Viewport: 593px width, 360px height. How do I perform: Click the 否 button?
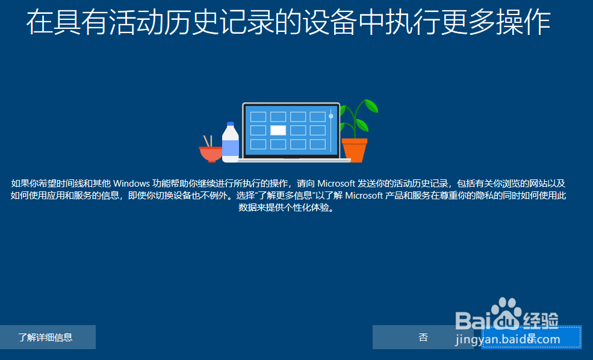click(423, 337)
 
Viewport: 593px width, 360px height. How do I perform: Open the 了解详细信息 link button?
click(46, 337)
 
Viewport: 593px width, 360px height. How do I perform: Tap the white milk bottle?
click(231, 142)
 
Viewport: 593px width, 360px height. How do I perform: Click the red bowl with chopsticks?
click(211, 153)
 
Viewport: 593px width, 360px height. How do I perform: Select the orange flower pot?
click(355, 150)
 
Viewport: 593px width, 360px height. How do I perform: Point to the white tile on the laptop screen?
click(278, 130)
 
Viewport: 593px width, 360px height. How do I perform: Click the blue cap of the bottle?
click(231, 124)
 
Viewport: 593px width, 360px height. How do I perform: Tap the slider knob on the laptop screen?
click(331, 116)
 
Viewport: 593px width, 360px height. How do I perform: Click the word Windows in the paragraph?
click(132, 184)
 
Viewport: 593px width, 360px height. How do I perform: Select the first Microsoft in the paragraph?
click(336, 184)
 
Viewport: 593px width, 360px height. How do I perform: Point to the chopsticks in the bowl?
click(208, 141)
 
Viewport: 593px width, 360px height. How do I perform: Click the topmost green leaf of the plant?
click(370, 105)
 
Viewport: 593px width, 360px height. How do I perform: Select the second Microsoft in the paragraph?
click(364, 196)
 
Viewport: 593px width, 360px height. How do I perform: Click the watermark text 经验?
click(541, 321)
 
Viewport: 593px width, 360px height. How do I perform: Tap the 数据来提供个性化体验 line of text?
click(287, 208)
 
